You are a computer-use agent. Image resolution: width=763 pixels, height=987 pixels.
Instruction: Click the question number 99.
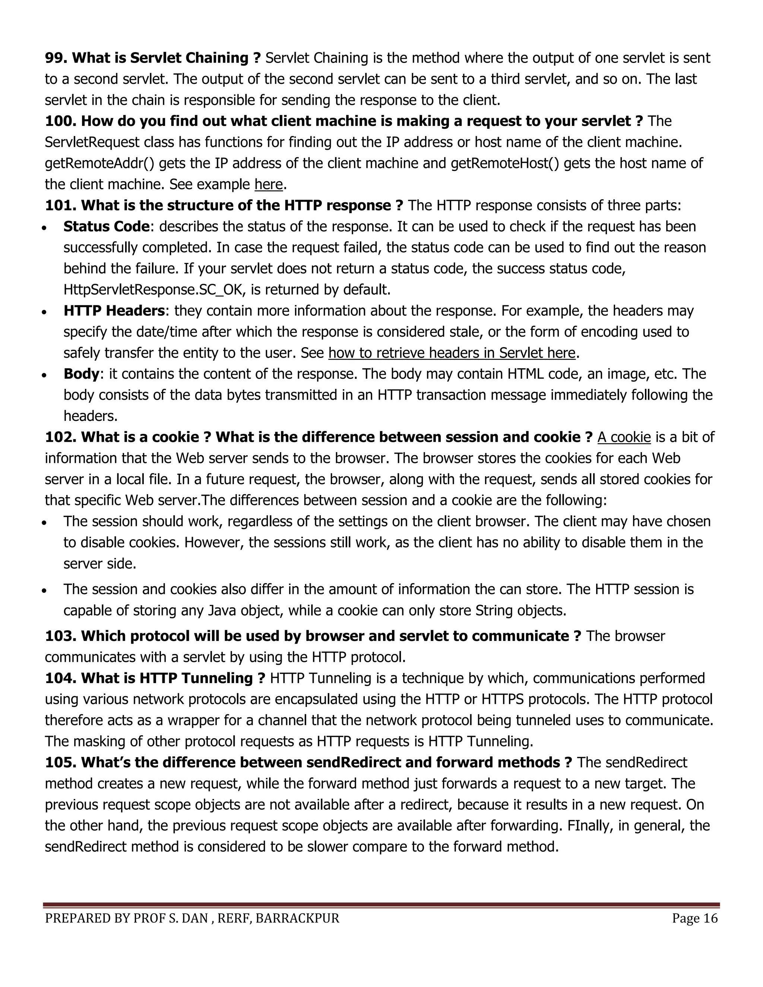56,58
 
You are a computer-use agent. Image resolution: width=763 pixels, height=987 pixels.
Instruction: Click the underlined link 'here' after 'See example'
269,184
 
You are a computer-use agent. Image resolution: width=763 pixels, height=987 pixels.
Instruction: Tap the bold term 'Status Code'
106,226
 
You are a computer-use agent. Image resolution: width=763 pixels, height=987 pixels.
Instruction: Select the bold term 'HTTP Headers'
114,311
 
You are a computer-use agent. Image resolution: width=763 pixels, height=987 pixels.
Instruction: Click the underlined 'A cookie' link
624,437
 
